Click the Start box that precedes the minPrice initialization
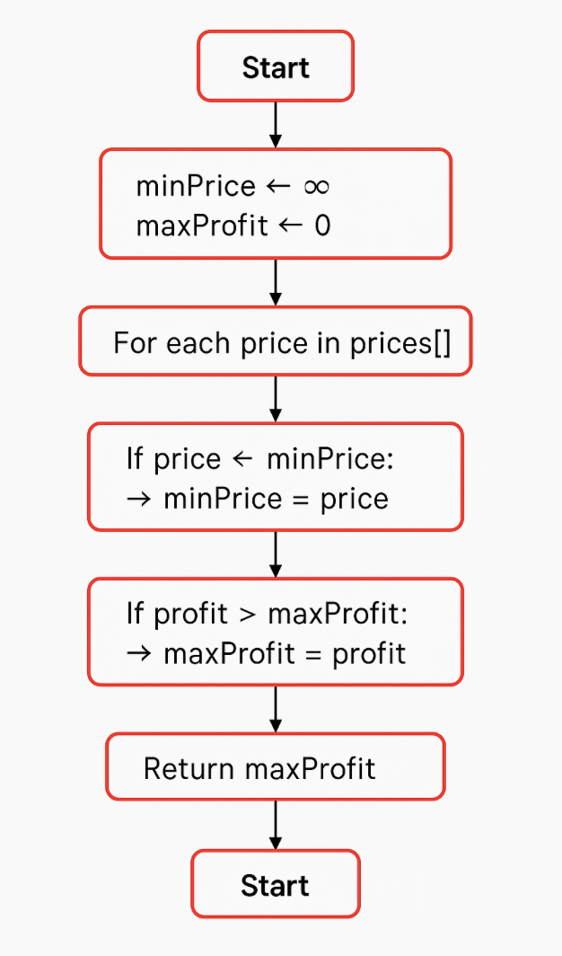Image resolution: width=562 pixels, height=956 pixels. (x=276, y=67)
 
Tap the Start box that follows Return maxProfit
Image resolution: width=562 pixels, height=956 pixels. (x=275, y=885)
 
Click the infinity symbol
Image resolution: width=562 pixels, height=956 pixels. (x=316, y=186)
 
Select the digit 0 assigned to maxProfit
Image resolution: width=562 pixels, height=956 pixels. (x=322, y=226)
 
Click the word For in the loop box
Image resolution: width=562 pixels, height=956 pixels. (x=136, y=342)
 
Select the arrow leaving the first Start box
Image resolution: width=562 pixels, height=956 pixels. (x=276, y=124)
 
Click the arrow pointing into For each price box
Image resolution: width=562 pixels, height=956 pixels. (x=276, y=283)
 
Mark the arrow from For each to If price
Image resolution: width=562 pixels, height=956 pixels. (x=276, y=399)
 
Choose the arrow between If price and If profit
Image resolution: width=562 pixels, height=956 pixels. (x=276, y=553)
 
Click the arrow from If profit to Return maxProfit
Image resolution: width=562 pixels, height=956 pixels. (x=276, y=709)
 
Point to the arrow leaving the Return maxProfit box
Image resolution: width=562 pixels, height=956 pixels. (x=276, y=825)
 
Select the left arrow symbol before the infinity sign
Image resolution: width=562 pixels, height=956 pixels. (x=279, y=186)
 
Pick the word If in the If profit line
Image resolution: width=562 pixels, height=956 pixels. (x=136, y=614)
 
